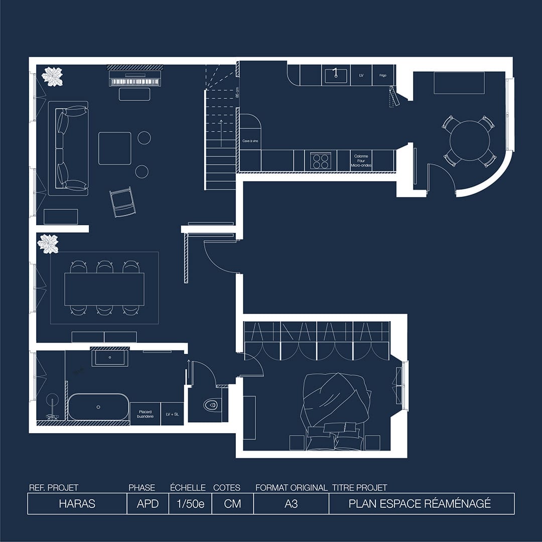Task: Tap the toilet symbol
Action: tap(211, 404)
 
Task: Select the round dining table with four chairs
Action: tap(470, 141)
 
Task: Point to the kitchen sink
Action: tap(336, 75)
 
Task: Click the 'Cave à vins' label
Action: tap(250, 142)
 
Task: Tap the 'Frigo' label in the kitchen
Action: tap(383, 75)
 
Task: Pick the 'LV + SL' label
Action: tap(172, 414)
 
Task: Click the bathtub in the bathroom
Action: tap(98, 407)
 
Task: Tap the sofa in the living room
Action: tap(68, 148)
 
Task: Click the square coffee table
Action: tap(114, 148)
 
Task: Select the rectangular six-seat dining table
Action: tap(104, 289)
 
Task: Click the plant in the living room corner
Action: tap(52, 76)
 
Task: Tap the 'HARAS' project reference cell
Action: tap(77, 503)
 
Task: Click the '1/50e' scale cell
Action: tap(191, 503)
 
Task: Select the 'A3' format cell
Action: tap(291, 503)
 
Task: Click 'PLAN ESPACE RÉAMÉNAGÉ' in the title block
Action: tap(420, 503)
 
